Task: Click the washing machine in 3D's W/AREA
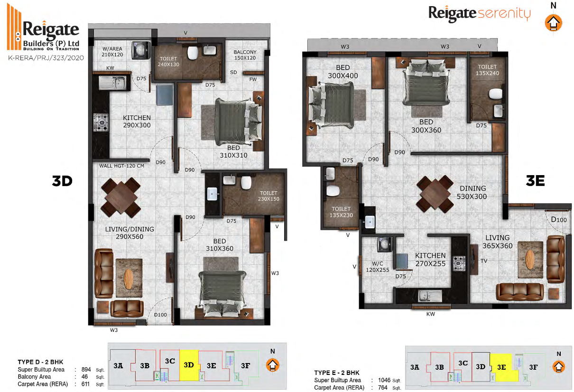pyautogui.click(x=140, y=50)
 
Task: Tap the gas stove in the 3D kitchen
pyautogui.click(x=101, y=122)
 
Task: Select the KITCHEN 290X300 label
pyautogui.click(x=137, y=121)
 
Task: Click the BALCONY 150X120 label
pyautogui.click(x=245, y=55)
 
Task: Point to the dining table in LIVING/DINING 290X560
pyautogui.click(x=120, y=198)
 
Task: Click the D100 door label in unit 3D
pyautogui.click(x=160, y=315)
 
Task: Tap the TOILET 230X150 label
pyautogui.click(x=268, y=196)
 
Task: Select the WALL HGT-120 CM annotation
pyautogui.click(x=122, y=166)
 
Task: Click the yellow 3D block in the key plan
pyautogui.click(x=189, y=365)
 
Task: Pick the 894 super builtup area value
pyautogui.click(x=86, y=369)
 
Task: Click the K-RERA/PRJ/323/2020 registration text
pyautogui.click(x=46, y=58)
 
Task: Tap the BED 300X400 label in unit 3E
pyautogui.click(x=343, y=72)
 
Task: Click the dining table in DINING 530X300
pyautogui.click(x=435, y=194)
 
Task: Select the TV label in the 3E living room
pyautogui.click(x=484, y=261)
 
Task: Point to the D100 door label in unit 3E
pyautogui.click(x=559, y=219)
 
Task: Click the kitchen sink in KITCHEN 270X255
pyautogui.click(x=430, y=296)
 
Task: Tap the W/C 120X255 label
pyautogui.click(x=378, y=267)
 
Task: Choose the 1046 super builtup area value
pyautogui.click(x=384, y=380)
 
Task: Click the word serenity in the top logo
pyautogui.click(x=504, y=13)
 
